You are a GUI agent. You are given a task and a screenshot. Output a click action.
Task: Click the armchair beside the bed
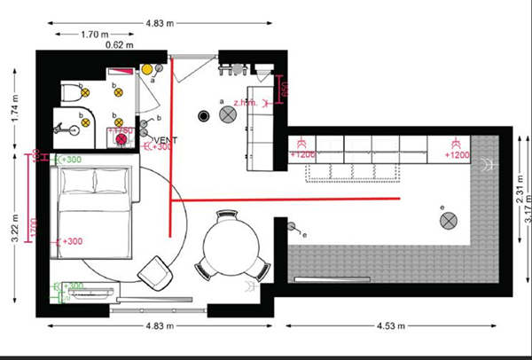coord(159,271)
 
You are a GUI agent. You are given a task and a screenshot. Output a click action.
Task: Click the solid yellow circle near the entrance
coord(147,69)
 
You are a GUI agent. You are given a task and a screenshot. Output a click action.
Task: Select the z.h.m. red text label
coord(246,102)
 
